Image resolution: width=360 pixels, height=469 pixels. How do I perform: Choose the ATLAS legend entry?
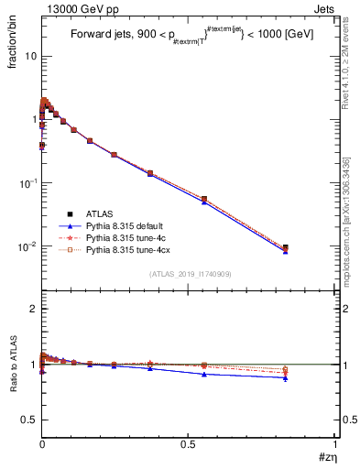[99, 213]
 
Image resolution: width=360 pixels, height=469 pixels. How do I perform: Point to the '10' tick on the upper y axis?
[30, 56]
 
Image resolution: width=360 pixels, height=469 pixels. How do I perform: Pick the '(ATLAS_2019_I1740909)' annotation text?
[190, 274]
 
